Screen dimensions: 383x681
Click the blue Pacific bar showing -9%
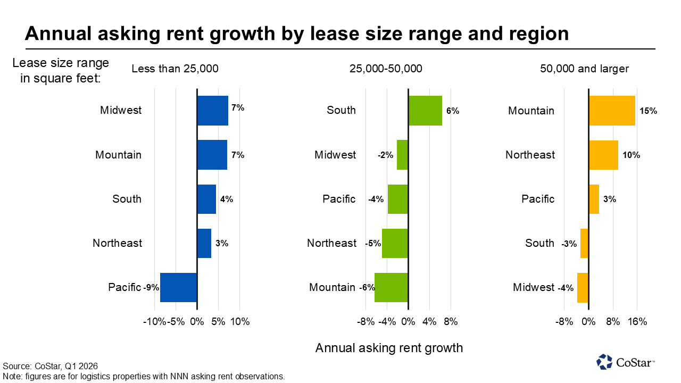click(178, 288)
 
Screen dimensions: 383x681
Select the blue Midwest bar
click(212, 111)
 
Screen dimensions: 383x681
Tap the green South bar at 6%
click(425, 111)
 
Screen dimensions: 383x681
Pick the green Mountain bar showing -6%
click(391, 288)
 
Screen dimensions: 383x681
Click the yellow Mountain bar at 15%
click(612, 111)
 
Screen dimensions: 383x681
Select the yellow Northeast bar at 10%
click(603, 155)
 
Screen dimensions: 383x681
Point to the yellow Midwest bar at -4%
click(583, 288)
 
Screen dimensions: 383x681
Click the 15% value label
click(649, 111)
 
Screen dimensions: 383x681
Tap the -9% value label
click(151, 288)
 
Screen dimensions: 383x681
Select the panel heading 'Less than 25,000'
click(175, 69)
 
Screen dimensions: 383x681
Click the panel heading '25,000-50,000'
click(386, 69)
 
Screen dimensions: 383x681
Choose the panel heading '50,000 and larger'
click(584, 69)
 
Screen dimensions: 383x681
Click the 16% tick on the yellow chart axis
click(637, 321)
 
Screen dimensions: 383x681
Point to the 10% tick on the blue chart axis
click(240, 321)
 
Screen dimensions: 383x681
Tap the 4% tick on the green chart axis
click(429, 321)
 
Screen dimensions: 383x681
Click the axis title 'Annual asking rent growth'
click(389, 348)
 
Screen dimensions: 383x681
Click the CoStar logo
click(626, 362)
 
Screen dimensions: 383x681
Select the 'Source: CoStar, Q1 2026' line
click(50, 367)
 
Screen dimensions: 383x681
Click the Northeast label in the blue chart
click(117, 243)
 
